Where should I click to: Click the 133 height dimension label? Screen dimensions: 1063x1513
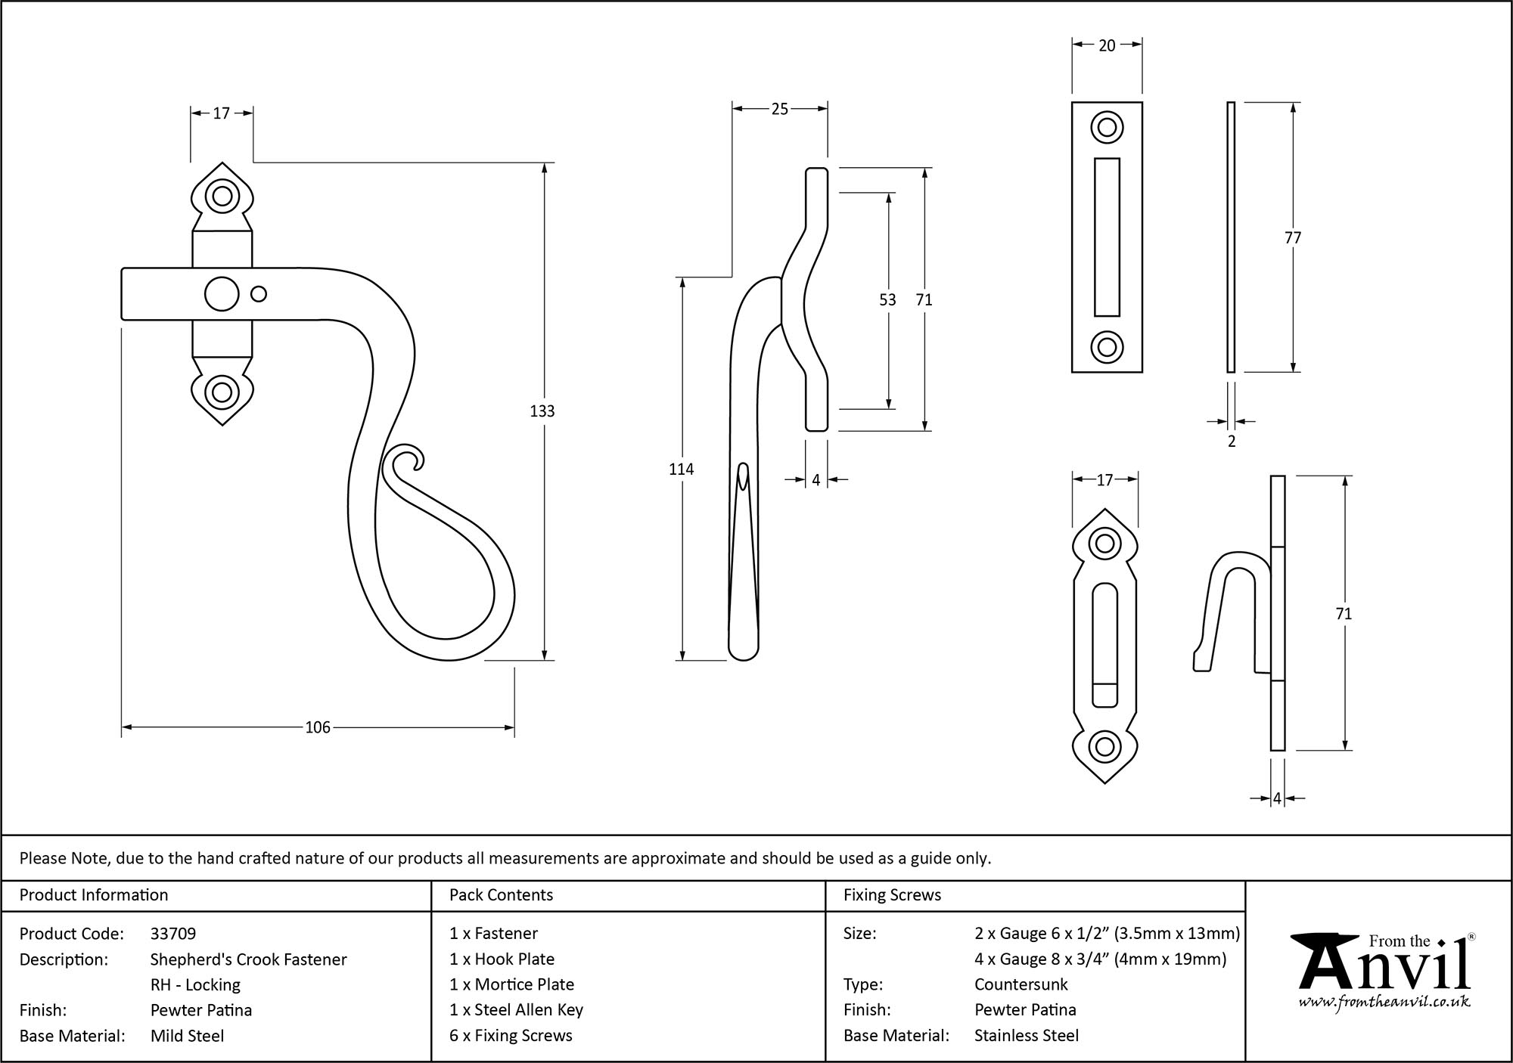point(542,411)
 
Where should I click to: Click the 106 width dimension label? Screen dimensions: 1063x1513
point(318,727)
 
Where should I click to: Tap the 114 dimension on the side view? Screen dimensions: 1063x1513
point(681,470)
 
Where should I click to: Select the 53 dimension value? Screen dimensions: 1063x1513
point(887,300)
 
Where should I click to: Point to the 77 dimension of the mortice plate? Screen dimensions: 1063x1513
point(1293,238)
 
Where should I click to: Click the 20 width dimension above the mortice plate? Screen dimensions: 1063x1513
point(1107,45)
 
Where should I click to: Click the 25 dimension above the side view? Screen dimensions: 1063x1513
point(779,109)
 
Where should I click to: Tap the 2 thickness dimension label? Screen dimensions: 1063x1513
point(1232,442)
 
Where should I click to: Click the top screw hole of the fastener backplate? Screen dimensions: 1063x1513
point(222,196)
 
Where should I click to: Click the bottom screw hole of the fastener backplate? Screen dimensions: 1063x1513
point(222,392)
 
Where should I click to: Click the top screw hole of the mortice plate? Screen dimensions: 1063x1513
point(1107,127)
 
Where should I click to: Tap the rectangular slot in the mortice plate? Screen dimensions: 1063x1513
point(1107,237)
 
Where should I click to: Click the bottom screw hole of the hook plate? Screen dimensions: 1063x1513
point(1104,747)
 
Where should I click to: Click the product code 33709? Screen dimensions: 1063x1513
point(173,934)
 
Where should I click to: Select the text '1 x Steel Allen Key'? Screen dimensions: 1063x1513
point(516,1010)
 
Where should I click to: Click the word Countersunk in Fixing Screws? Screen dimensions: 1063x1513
point(1021,984)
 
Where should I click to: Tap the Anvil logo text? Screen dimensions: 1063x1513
point(1384,972)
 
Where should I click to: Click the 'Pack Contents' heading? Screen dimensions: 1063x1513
point(501,895)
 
